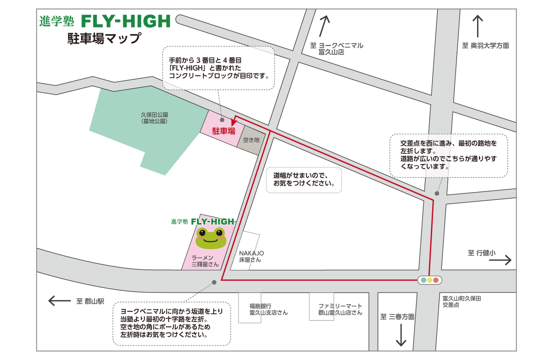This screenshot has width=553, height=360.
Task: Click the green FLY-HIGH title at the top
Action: click(126, 21)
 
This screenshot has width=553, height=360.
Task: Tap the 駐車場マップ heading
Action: click(104, 39)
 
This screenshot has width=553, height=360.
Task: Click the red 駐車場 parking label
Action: click(224, 131)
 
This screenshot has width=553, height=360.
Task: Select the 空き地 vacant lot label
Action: click(251, 140)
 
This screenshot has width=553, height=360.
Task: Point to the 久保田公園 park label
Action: click(154, 118)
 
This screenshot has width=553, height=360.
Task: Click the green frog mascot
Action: click(211, 238)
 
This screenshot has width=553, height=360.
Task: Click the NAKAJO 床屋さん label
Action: click(251, 256)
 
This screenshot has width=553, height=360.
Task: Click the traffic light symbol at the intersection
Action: click(430, 280)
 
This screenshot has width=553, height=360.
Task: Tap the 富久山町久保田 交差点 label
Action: click(461, 301)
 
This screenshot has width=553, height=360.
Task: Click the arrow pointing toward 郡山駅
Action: click(60, 301)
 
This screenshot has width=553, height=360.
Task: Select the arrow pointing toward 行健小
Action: click(501, 260)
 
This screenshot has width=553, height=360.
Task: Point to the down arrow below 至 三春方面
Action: click(401, 335)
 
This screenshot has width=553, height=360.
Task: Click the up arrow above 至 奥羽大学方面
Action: click(478, 26)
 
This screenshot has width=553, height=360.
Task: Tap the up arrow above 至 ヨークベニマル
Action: click(325, 26)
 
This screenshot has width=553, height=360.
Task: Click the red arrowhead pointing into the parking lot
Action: click(234, 123)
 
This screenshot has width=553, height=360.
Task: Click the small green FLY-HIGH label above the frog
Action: click(212, 221)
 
